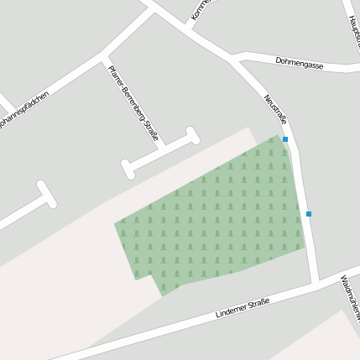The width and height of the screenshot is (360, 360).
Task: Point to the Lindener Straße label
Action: coord(243,307)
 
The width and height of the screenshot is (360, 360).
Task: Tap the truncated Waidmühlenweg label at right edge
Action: coord(350,298)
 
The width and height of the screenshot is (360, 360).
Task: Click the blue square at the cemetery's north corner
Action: coord(285,139)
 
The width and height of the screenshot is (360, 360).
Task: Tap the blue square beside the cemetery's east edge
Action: coord(309,214)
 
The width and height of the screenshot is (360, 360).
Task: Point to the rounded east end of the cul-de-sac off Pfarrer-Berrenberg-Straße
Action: coord(192,134)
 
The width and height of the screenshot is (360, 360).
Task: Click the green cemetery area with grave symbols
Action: coord(218,218)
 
